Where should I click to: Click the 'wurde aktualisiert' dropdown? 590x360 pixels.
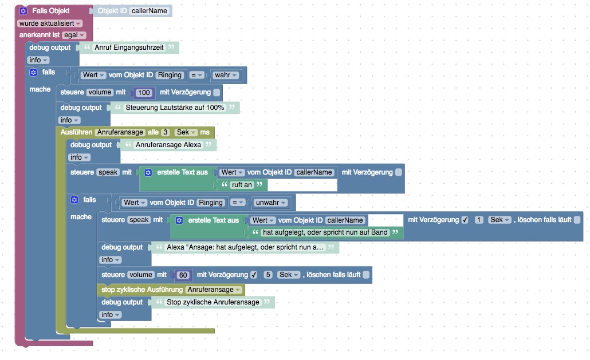coord(50,23)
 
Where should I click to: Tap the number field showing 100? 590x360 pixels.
coord(144,93)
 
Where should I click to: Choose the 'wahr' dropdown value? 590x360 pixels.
coord(227,75)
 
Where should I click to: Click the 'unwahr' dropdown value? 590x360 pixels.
coord(271,203)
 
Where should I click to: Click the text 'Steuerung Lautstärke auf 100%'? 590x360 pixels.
coord(175,108)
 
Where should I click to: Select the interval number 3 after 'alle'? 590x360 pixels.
coord(166,133)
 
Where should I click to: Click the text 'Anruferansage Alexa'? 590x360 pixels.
coord(168,145)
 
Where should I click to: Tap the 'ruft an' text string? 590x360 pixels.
coord(241,185)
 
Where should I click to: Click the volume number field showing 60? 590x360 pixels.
coord(183,275)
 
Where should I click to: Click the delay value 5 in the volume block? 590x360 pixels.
coord(268,275)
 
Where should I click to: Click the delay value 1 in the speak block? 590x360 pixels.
coord(479,220)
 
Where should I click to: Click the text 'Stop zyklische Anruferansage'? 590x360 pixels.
coord(213,302)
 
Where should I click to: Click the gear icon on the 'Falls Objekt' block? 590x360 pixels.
coord(23,11)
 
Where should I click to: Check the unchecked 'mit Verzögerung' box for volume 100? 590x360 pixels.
coord(217,93)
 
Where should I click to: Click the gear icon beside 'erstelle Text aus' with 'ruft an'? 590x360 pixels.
coord(148,172)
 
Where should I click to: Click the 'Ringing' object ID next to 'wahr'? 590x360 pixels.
coord(169,75)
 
